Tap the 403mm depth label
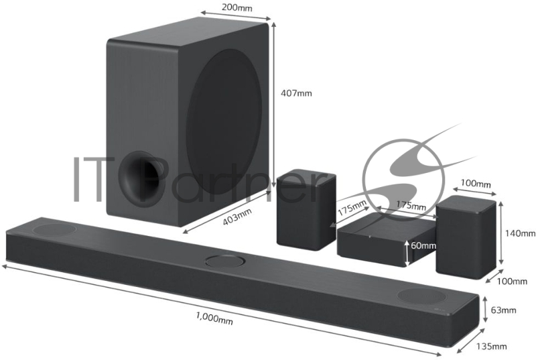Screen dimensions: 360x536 pos(237,216)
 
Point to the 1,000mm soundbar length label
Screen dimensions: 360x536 pos(214,320)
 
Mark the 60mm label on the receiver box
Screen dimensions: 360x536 pos(423,246)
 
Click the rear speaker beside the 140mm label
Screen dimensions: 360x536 pos(466,236)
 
